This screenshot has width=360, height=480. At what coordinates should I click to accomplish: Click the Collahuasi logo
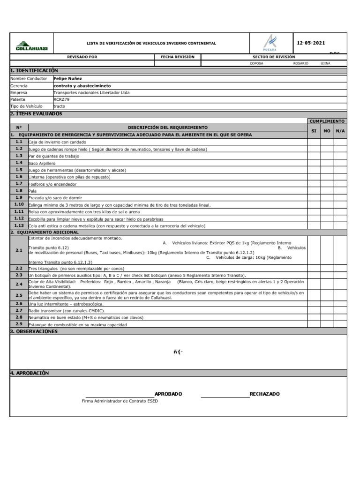[x=31, y=44]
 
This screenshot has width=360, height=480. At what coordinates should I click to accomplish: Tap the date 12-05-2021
[x=311, y=43]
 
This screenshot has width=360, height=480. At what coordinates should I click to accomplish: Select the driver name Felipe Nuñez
[x=67, y=79]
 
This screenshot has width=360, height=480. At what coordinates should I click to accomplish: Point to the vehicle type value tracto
[x=59, y=106]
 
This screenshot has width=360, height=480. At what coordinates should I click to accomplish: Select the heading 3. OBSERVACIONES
[x=34, y=331]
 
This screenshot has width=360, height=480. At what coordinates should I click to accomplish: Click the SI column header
[x=314, y=131]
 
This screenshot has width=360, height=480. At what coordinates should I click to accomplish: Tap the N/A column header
[x=340, y=131]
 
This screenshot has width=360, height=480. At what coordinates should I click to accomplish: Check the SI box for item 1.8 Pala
[x=314, y=191]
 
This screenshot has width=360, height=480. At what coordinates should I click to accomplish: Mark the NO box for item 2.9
[x=327, y=324]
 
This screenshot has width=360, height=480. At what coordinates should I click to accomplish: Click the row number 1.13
[x=19, y=225]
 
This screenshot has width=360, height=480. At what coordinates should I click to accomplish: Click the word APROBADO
[x=168, y=394]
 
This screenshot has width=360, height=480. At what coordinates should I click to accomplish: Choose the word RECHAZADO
[x=264, y=394]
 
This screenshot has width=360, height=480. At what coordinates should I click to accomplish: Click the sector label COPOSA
[x=256, y=63]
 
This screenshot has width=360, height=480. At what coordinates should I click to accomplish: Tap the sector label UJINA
[x=325, y=63]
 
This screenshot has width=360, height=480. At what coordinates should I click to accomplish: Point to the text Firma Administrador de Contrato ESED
[x=120, y=401]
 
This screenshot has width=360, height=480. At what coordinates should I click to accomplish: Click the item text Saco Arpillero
[x=42, y=163]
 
